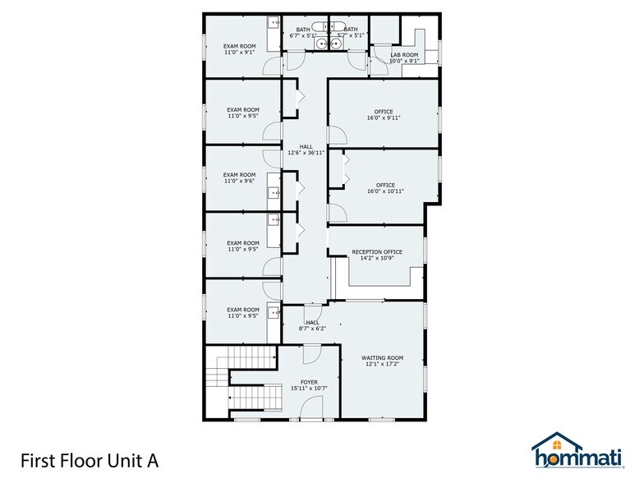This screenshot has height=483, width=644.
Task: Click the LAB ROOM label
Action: pyautogui.click(x=404, y=55)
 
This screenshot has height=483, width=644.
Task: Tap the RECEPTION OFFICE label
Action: pyautogui.click(x=376, y=252)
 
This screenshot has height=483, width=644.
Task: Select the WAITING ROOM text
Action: pyautogui.click(x=383, y=357)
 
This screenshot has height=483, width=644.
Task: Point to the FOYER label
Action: pyautogui.click(x=308, y=382)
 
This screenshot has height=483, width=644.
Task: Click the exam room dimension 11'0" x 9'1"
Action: pyautogui.click(x=240, y=52)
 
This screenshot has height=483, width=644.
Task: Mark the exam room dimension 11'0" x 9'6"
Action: pyautogui.click(x=241, y=181)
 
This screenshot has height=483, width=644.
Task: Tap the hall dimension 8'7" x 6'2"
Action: pyautogui.click(x=312, y=329)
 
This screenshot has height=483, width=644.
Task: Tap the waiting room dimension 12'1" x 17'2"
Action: pyautogui.click(x=383, y=364)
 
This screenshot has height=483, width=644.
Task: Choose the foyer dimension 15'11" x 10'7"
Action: pyautogui.click(x=308, y=389)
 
